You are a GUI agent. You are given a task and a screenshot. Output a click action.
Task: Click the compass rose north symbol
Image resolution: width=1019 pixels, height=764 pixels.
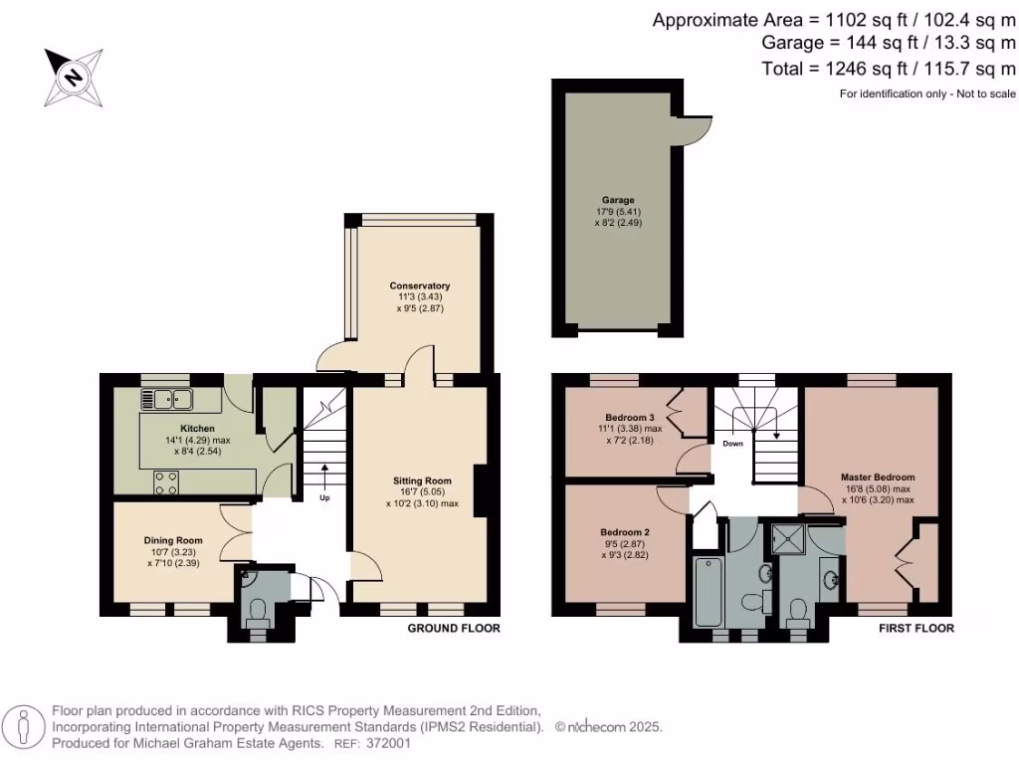tap(73, 76)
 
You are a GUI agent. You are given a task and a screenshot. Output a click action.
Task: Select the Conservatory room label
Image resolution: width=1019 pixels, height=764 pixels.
tap(419, 286)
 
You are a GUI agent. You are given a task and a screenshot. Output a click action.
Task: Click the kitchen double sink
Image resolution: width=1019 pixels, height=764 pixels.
tap(166, 400)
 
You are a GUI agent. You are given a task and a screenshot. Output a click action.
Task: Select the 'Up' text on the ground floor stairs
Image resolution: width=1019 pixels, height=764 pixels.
tap(324, 497)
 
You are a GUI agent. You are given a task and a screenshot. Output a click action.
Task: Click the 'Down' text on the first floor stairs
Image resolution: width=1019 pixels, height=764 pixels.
tap(731, 444)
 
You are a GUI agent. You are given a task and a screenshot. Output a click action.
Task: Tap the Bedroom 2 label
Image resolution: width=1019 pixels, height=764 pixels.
tap(625, 532)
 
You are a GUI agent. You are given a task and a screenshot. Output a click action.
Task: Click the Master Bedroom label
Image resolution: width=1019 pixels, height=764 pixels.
tap(877, 477)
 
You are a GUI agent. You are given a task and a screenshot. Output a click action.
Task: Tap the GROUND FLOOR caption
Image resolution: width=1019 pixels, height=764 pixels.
tap(454, 629)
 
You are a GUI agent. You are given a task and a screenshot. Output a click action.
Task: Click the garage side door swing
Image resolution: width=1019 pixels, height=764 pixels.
tap(699, 125)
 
